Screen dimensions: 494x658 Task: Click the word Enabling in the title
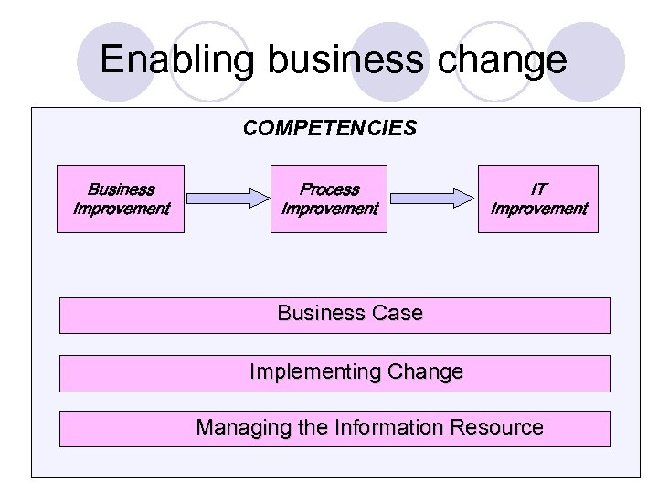(x=179, y=59)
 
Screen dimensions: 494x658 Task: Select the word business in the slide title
(x=345, y=59)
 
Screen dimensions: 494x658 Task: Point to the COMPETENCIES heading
(x=329, y=128)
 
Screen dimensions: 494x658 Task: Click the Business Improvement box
(x=121, y=199)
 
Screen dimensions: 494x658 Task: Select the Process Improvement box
(x=329, y=199)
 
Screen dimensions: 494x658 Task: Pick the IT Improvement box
(x=539, y=199)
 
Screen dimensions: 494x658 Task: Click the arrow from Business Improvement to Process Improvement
(x=228, y=197)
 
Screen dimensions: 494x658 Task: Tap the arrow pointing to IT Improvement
(x=434, y=197)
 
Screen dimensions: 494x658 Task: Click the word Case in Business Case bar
(x=398, y=313)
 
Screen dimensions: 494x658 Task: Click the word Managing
(x=239, y=427)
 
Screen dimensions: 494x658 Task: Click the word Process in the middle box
(x=329, y=189)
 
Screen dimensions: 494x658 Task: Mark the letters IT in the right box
(x=539, y=189)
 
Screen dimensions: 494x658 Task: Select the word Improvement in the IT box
(x=539, y=209)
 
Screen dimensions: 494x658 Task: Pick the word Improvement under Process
(x=329, y=209)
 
